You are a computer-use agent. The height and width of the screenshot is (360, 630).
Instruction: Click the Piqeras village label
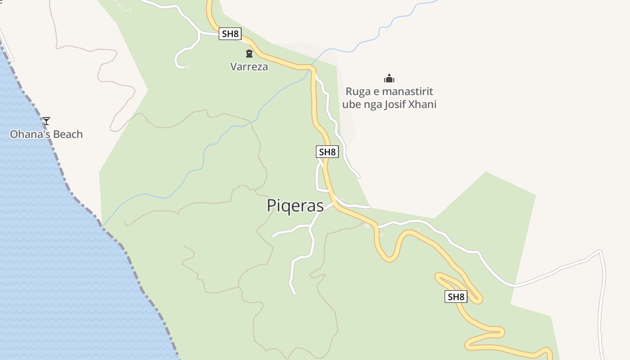point(295,206)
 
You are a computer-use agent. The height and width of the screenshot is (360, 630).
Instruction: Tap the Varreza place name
point(249,67)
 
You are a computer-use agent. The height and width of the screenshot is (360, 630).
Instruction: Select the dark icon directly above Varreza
point(249,54)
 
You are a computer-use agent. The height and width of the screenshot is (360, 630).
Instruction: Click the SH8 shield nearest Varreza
point(230,34)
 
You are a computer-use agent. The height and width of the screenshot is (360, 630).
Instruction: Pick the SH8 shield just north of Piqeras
point(327,152)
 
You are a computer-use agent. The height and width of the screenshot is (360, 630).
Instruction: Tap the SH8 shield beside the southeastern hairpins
point(456,297)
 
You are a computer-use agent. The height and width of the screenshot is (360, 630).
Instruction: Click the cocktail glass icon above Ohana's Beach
point(46,121)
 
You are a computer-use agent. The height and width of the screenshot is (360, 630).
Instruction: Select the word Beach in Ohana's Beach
point(67,134)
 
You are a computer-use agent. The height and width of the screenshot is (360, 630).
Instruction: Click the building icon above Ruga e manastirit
point(389,79)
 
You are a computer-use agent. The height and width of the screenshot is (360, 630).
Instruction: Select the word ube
point(351,105)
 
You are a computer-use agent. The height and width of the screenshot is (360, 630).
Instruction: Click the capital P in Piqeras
point(272,206)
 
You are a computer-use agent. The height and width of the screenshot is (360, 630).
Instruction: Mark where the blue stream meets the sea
point(102,226)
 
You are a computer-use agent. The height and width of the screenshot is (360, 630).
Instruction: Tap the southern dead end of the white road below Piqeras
point(295,294)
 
